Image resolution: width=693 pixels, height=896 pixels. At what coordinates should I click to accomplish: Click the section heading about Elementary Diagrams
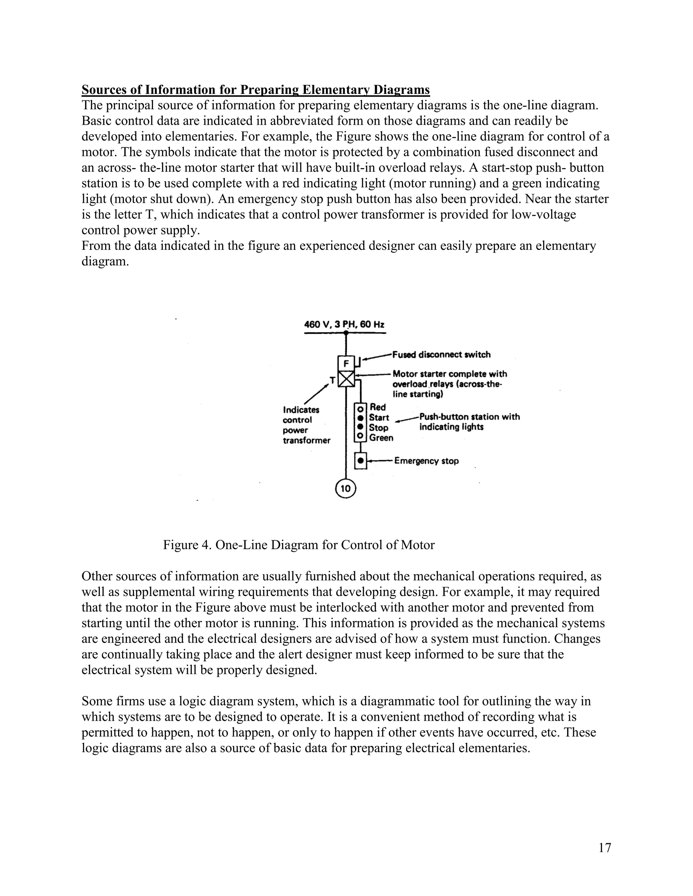coord(255,90)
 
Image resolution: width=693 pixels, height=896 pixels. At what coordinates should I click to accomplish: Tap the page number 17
coord(604,848)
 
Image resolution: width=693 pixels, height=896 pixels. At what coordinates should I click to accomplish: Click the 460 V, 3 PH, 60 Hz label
coord(344,325)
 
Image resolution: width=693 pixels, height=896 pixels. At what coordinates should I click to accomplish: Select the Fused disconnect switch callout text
coord(441,354)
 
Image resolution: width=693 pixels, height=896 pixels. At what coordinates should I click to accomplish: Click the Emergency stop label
coord(426,461)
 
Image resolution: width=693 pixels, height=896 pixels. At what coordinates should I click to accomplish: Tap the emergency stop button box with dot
coord(360,461)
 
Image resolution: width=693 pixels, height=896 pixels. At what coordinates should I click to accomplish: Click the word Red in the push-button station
coord(378,407)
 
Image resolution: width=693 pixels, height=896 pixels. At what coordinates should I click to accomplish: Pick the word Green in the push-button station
coord(381,438)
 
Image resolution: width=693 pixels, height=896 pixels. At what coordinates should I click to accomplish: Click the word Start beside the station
coord(379,417)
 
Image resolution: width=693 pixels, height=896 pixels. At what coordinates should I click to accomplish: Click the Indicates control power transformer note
coord(306,425)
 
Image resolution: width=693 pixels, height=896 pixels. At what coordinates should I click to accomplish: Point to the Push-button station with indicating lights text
coord(469,422)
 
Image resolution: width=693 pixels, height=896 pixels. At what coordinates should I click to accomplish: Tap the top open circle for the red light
coord(360,409)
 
